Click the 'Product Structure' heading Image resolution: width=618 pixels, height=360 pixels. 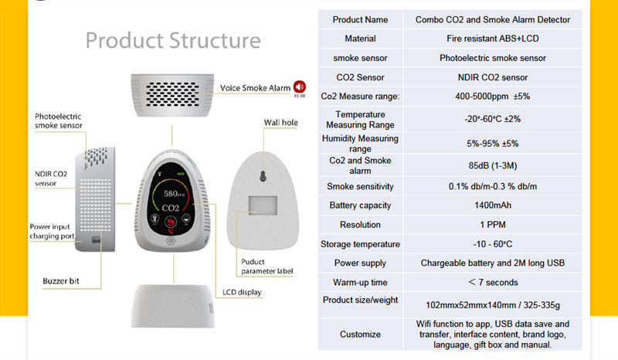pyautogui.click(x=173, y=40)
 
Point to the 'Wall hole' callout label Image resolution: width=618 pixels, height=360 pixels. pyautogui.click(x=280, y=122)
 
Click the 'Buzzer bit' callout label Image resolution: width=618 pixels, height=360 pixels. pyautogui.click(x=62, y=280)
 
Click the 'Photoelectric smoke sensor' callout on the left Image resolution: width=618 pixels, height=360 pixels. pyautogui.click(x=58, y=121)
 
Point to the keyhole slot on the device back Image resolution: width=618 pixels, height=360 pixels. pyautogui.click(x=263, y=175)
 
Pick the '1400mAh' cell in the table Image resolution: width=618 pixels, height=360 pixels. pyautogui.click(x=493, y=205)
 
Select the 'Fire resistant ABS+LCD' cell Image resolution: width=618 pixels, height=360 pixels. pyautogui.click(x=493, y=39)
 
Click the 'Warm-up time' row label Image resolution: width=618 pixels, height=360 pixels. pyautogui.click(x=360, y=282)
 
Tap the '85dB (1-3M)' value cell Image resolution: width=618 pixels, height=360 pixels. pyautogui.click(x=493, y=165)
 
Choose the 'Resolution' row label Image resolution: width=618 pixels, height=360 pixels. pyautogui.click(x=360, y=225)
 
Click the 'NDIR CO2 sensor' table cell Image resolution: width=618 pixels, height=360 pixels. pyautogui.click(x=493, y=77)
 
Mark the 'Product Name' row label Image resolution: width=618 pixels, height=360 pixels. pyautogui.click(x=360, y=19)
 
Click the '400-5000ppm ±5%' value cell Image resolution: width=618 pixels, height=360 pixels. pyautogui.click(x=493, y=97)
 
